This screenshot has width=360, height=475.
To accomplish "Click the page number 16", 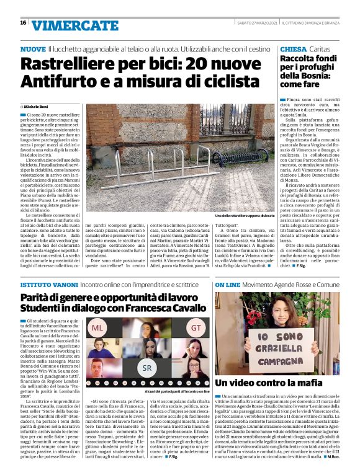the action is point(23,22).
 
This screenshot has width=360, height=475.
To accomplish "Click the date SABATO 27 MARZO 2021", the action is point(258,23).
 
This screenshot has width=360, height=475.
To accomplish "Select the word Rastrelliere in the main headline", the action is point(71,64).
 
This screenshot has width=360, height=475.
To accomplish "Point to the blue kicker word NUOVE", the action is point(33,48).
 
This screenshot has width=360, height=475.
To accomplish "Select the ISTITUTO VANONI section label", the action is point(48,284).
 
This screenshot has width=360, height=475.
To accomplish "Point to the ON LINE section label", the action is point(228,284).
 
